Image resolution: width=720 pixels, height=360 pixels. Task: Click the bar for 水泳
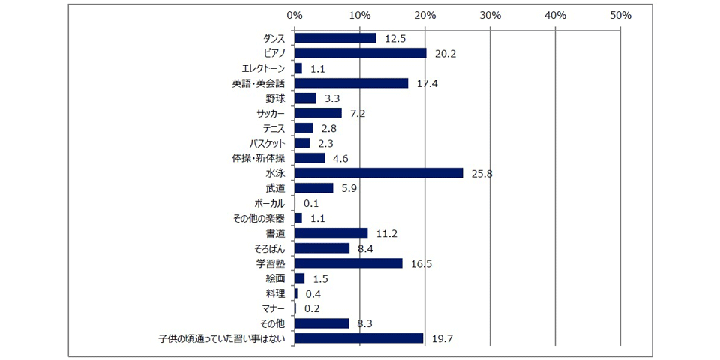click(379, 173)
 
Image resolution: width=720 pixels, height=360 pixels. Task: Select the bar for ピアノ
click(360, 53)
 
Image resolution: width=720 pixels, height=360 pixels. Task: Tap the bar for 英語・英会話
click(351, 83)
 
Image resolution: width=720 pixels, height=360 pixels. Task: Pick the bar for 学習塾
click(348, 263)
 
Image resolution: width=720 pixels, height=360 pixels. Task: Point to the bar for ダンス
click(335, 38)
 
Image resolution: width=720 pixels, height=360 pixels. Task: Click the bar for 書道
click(331, 233)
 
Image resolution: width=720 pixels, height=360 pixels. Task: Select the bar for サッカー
click(318, 113)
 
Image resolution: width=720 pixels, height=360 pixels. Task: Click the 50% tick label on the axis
click(621, 15)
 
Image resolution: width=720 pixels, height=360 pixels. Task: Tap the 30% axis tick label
click(490, 15)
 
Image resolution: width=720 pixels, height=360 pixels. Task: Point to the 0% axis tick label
click(295, 15)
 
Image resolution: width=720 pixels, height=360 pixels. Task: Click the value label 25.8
click(481, 174)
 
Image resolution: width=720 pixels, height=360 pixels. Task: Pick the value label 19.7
click(442, 339)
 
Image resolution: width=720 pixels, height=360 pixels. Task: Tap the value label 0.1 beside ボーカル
click(313, 204)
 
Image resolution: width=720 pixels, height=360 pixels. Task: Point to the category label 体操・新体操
click(259, 158)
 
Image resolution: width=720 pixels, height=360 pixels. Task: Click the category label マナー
click(272, 308)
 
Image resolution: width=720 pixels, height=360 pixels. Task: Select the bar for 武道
click(313, 188)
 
